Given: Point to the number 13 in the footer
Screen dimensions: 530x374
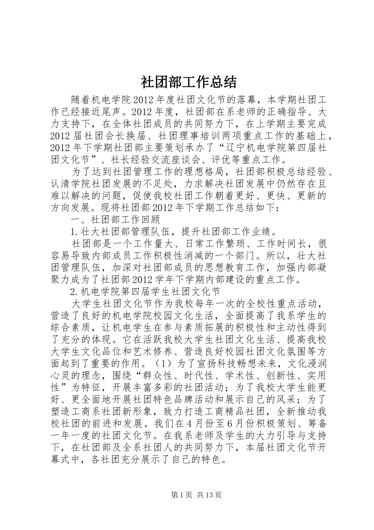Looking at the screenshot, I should pyautogui.click(x=211, y=495).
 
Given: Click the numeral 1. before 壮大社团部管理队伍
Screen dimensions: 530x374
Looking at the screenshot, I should pyautogui.click(x=74, y=231).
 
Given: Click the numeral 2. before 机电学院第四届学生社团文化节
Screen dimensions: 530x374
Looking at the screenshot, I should pyautogui.click(x=74, y=292).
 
